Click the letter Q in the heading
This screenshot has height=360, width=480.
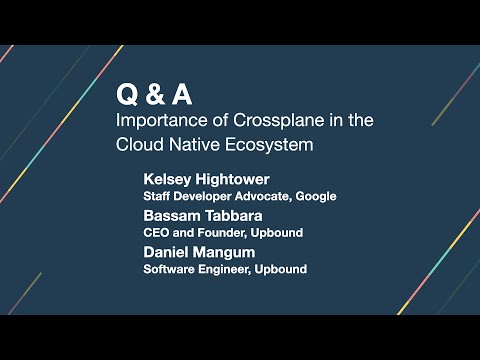pyautogui.click(x=127, y=95)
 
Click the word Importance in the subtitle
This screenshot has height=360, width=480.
pyautogui.click(x=156, y=120)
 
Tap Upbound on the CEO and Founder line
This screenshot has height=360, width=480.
pyautogui.click(x=279, y=233)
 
